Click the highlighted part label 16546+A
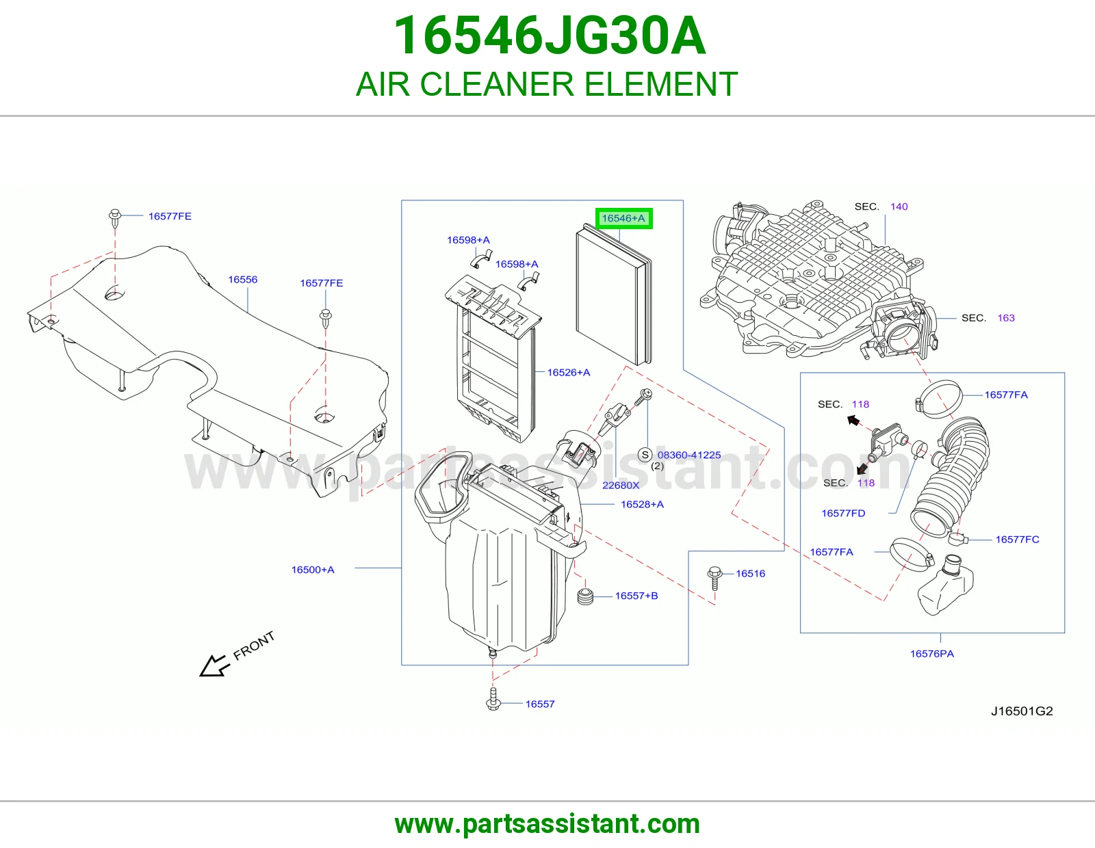click(x=623, y=218)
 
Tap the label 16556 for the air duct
click(x=242, y=280)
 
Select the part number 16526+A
click(x=569, y=372)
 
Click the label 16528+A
click(x=642, y=504)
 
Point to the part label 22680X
click(x=621, y=485)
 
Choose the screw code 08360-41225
click(x=689, y=455)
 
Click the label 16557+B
click(x=636, y=596)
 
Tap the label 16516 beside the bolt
click(x=750, y=574)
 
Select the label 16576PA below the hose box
click(x=931, y=654)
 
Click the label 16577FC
click(x=1018, y=540)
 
